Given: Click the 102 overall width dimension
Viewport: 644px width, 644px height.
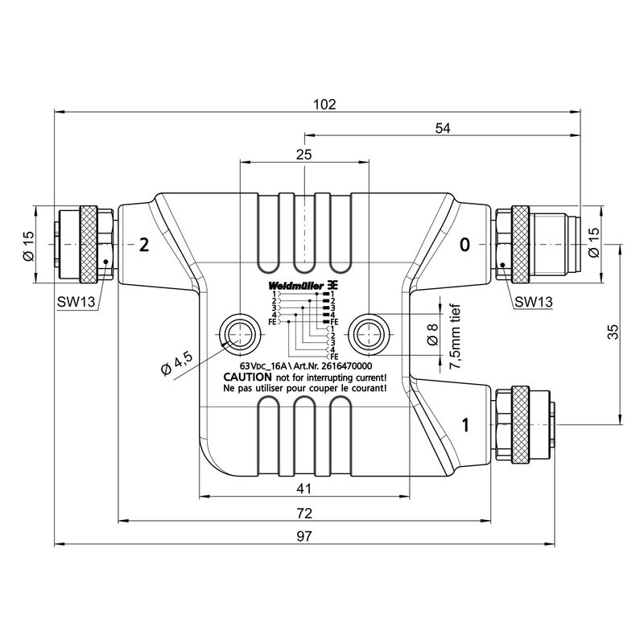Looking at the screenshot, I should click(x=324, y=104).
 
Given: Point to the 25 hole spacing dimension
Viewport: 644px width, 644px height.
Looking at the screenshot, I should click(x=303, y=155).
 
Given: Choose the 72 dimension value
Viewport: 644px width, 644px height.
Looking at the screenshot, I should click(x=303, y=513).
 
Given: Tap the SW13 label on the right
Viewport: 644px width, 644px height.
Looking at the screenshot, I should click(x=533, y=302).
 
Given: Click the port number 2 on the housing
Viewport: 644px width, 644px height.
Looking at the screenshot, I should click(x=144, y=245).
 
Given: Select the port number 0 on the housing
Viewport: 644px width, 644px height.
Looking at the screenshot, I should click(x=464, y=245).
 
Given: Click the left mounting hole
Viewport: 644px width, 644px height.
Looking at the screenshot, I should click(x=239, y=332).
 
